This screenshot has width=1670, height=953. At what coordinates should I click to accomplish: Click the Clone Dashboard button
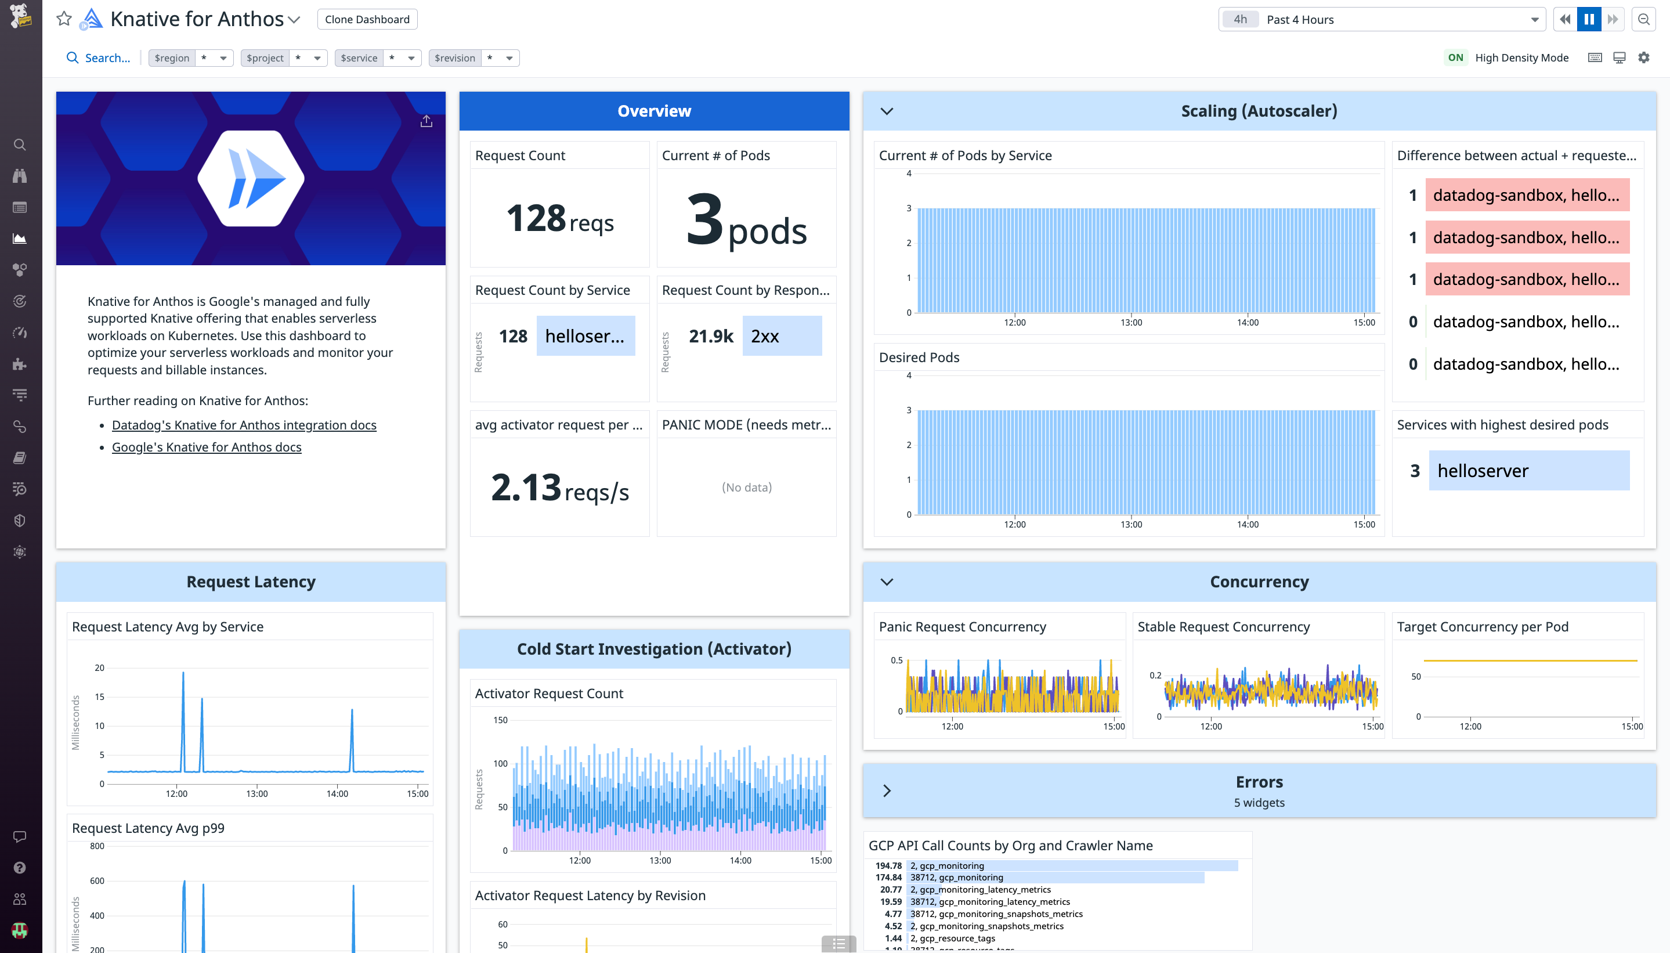click(367, 20)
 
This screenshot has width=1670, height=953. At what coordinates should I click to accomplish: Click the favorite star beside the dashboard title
click(63, 19)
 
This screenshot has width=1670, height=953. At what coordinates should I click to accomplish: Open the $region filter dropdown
click(222, 58)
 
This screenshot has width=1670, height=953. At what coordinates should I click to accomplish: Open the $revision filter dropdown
click(508, 58)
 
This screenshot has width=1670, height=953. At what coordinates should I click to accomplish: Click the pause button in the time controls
click(1588, 20)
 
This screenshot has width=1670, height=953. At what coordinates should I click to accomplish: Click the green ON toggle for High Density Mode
click(1455, 57)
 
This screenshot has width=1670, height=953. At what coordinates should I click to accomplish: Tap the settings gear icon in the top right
click(1643, 57)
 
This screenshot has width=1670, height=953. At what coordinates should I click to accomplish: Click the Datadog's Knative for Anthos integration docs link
click(244, 425)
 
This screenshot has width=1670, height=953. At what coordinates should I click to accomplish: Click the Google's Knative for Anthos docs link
click(206, 447)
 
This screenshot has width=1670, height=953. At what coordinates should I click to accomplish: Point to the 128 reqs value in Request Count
click(559, 219)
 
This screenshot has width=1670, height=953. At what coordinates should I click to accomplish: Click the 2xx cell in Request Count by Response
click(782, 337)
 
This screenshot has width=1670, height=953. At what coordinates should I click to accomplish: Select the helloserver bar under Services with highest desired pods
click(1528, 471)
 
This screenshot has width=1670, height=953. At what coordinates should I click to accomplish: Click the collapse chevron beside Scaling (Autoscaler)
click(887, 111)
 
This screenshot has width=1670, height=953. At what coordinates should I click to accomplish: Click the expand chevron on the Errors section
click(887, 790)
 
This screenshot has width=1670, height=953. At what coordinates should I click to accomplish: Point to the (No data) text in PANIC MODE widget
click(746, 487)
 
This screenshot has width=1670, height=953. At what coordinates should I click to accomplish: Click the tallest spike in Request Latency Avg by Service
click(183, 674)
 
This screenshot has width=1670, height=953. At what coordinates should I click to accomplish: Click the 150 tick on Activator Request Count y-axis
click(500, 720)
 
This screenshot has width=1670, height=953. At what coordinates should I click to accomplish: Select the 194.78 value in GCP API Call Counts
click(888, 865)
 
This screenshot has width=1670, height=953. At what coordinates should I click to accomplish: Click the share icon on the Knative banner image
click(426, 122)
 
